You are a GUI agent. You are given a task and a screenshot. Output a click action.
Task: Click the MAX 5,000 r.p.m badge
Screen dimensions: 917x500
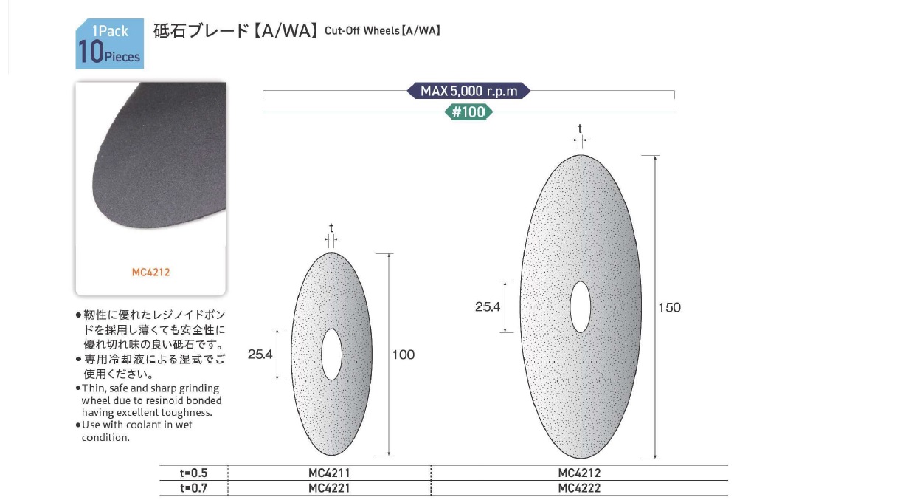point(468,91)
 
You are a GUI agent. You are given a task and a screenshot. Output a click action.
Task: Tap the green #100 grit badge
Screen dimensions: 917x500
point(468,112)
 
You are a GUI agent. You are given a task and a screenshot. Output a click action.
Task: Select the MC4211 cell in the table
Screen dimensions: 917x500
point(329,473)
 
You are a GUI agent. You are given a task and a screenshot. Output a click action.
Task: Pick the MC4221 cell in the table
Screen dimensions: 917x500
point(329,488)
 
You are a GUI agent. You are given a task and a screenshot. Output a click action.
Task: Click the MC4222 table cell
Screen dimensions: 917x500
point(579,488)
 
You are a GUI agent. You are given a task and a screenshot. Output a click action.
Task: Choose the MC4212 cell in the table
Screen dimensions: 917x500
point(579,473)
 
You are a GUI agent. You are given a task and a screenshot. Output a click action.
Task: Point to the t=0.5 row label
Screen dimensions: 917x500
point(193,473)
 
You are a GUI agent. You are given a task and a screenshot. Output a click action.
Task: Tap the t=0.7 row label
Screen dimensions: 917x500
point(193,488)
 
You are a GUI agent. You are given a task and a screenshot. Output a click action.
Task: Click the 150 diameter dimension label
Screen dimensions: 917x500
point(669,307)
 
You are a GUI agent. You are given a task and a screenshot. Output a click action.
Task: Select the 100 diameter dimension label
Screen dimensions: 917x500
point(404,355)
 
